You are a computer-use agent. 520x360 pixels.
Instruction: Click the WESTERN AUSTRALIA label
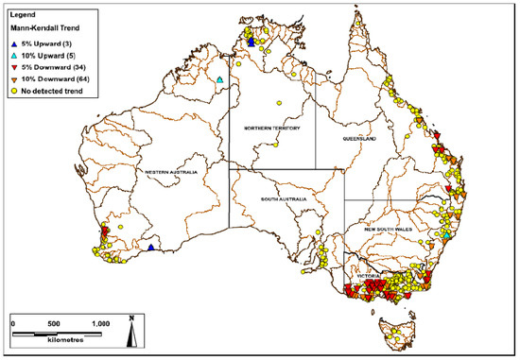click(x=169, y=171)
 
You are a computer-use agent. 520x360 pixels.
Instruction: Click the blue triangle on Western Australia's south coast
click(x=150, y=248)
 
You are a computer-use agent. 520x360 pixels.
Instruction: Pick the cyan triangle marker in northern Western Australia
click(x=219, y=80)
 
